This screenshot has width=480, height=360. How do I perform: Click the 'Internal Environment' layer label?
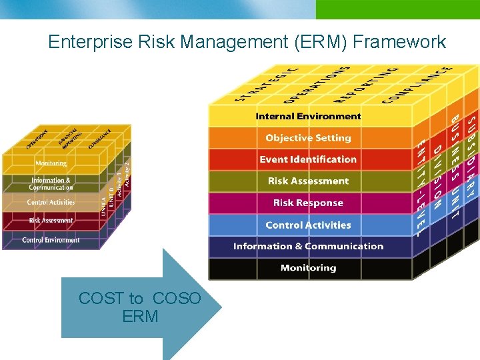(x=308, y=116)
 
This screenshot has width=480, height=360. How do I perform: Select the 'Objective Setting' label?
(x=308, y=138)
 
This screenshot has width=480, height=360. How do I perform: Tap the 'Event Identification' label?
(x=308, y=159)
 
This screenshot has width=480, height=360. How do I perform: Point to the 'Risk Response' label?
(x=308, y=203)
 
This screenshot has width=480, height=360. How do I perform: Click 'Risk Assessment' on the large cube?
(x=308, y=181)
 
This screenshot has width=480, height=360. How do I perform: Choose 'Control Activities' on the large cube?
(x=308, y=225)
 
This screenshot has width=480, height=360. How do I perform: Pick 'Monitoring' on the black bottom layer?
(x=308, y=268)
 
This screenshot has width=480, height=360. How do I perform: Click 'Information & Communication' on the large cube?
(x=308, y=246)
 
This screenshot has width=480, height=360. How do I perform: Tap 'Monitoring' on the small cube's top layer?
(x=51, y=163)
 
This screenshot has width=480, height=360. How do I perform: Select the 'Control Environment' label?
(x=51, y=240)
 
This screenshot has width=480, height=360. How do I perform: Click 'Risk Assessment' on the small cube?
(x=51, y=220)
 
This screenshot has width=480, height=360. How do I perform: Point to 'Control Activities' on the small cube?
(x=51, y=202)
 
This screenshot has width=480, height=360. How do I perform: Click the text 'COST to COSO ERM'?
(x=139, y=307)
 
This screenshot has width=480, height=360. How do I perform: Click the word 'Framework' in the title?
(x=399, y=42)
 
